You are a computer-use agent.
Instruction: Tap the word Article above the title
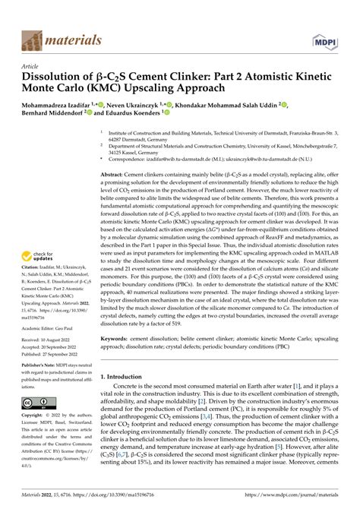point(31,66)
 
